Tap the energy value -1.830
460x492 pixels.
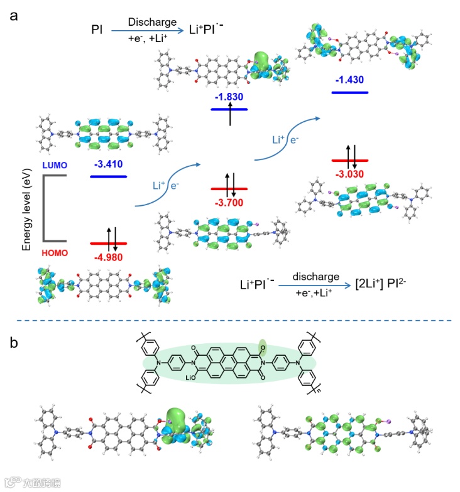[x=229, y=97]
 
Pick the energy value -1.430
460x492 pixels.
[x=349, y=80]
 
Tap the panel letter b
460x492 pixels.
[x=13, y=342]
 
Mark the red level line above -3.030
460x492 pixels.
[x=349, y=161]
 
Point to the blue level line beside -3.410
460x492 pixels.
[x=108, y=176]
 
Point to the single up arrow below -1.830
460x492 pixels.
[x=231, y=117]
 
